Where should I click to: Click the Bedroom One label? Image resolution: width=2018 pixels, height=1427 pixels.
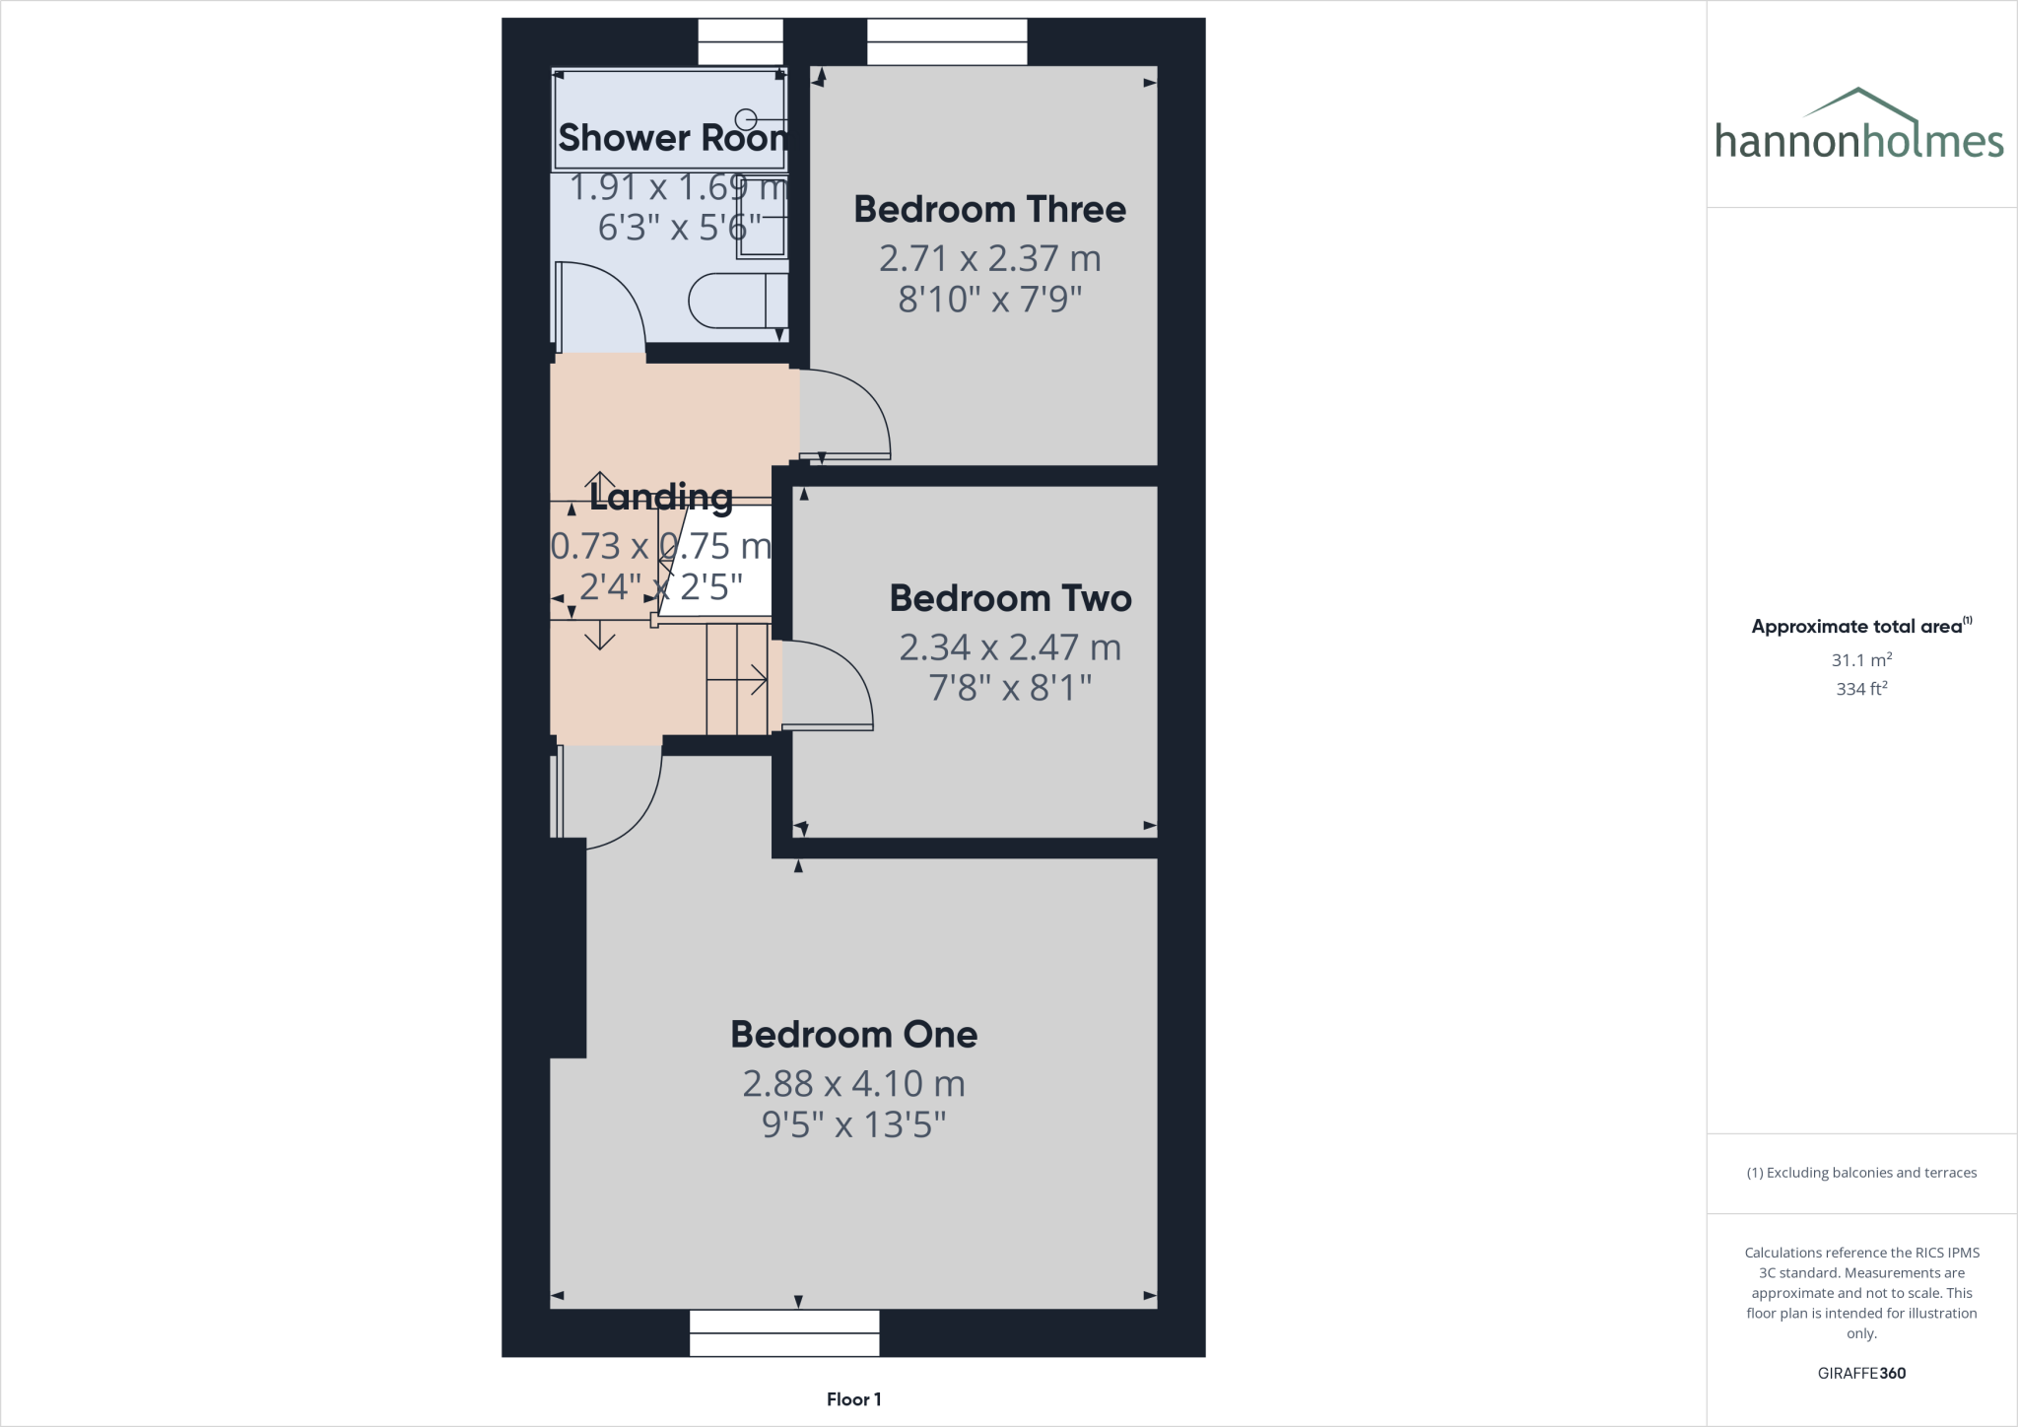[x=853, y=1035]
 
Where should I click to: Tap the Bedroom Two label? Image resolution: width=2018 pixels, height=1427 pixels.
[x=1010, y=599]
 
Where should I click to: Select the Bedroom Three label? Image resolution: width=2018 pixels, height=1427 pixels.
[x=989, y=210]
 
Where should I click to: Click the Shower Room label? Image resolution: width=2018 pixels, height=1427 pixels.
[x=672, y=138]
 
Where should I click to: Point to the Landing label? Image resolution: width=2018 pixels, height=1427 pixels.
[x=661, y=498]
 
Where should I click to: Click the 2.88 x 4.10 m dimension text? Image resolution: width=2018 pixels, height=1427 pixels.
[x=853, y=1084]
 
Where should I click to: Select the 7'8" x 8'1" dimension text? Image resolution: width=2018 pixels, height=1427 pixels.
[x=1010, y=688]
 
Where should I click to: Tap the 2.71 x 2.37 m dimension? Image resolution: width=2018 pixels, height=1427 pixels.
[x=989, y=258]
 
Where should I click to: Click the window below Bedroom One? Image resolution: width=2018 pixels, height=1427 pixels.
[x=784, y=1333]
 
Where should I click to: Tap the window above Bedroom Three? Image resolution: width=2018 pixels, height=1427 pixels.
[x=947, y=41]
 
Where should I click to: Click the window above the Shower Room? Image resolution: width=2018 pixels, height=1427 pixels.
[x=740, y=41]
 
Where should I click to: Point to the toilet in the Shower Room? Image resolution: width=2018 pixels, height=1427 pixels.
[x=734, y=301]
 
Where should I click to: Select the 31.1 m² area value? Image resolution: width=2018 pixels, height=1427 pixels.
[x=1861, y=660]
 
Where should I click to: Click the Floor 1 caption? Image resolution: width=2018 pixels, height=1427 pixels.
[x=853, y=1399]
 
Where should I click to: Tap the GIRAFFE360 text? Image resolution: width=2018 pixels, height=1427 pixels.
[x=1861, y=1373]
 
